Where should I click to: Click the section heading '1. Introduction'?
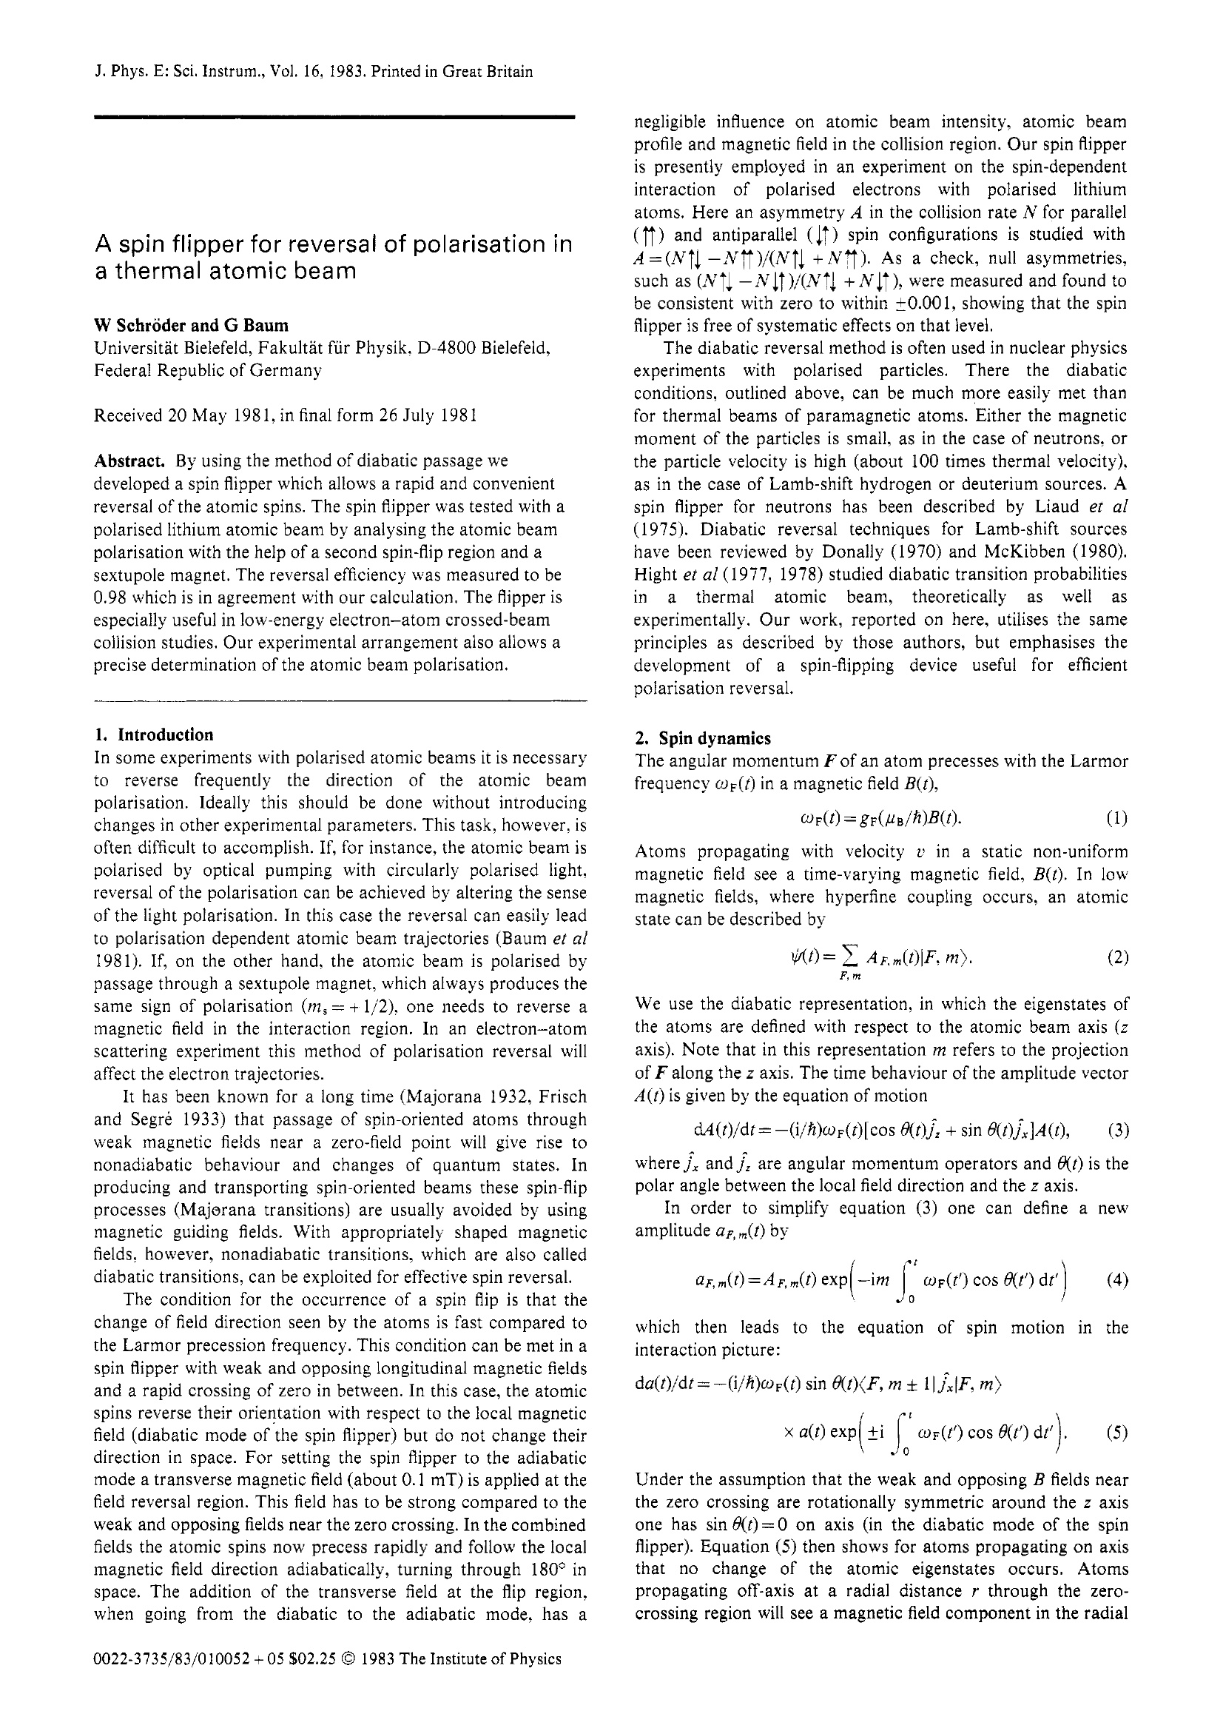154,734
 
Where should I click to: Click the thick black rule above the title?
334,117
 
